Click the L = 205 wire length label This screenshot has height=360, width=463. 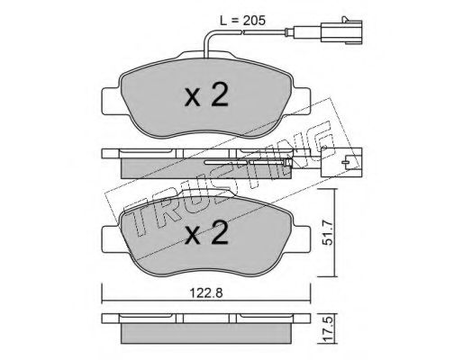(242, 21)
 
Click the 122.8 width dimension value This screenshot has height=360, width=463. (206, 293)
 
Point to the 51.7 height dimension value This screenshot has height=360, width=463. (328, 232)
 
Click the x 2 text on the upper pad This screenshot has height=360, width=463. (206, 94)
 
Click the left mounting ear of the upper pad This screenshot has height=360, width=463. (112, 101)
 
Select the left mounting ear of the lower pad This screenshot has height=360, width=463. (112, 239)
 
